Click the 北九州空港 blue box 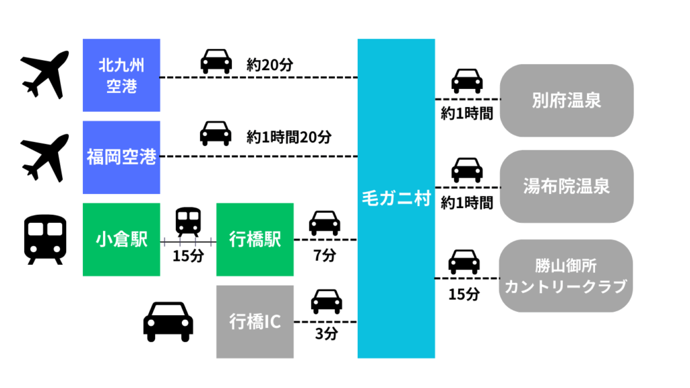(x=121, y=75)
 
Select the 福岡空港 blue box (x=121, y=157)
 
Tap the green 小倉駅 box (x=121, y=239)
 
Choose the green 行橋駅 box (x=255, y=239)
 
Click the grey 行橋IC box (x=255, y=321)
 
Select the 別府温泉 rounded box (x=566, y=101)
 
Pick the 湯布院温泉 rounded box (x=566, y=186)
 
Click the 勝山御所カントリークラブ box (x=566, y=276)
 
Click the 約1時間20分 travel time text (x=289, y=137)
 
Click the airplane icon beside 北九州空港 (x=45, y=73)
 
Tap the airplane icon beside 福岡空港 (x=45, y=158)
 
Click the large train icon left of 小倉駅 (x=45, y=239)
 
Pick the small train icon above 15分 (x=188, y=221)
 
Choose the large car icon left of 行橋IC (x=168, y=321)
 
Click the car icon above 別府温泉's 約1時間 (x=467, y=80)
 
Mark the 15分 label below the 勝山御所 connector (x=464, y=294)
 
